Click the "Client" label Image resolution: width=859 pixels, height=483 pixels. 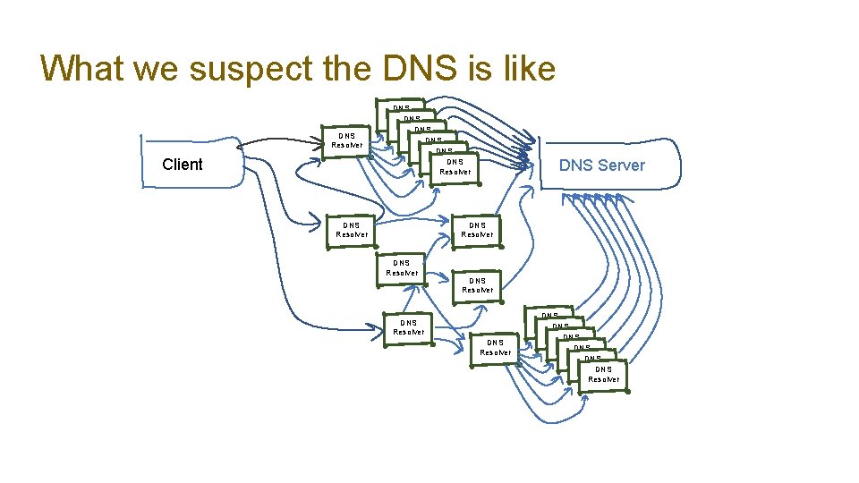click(183, 165)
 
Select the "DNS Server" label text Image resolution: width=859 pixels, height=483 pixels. click(601, 165)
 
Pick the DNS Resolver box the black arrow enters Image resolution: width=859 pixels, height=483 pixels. click(347, 141)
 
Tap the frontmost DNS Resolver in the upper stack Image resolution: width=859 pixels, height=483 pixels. click(455, 167)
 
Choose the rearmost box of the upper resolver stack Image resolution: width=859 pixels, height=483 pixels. click(400, 107)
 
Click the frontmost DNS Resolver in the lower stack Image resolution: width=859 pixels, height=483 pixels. click(603, 374)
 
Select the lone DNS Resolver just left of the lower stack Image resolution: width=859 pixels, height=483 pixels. click(495, 347)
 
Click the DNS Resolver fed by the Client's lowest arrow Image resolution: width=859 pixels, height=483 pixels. click(408, 328)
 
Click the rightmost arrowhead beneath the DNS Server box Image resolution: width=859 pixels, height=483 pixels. click(620, 199)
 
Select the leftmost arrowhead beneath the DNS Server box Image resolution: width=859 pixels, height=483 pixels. click(564, 199)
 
